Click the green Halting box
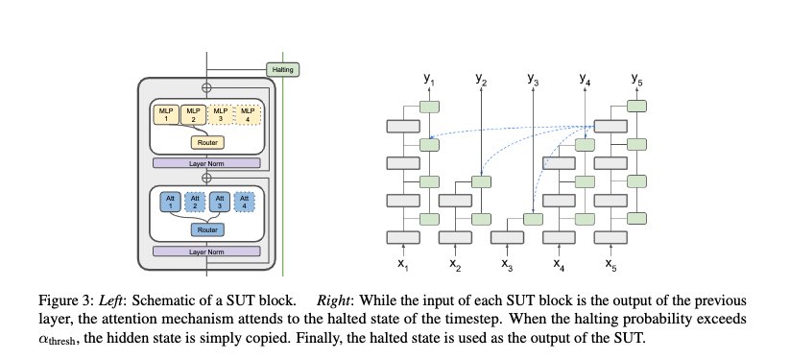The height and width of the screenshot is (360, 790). pos(284,69)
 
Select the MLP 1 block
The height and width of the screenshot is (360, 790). pos(165,115)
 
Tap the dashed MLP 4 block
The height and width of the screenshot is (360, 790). pos(249,115)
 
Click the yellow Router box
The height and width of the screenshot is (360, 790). pos(206,143)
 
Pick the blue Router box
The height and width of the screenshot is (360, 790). pos(206,229)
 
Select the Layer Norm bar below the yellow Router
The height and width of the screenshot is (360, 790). pos(206,163)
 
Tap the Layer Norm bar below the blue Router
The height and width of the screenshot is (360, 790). pos(206,251)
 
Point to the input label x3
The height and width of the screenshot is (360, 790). pos(507,262)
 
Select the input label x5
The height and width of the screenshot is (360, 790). pos(611,262)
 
